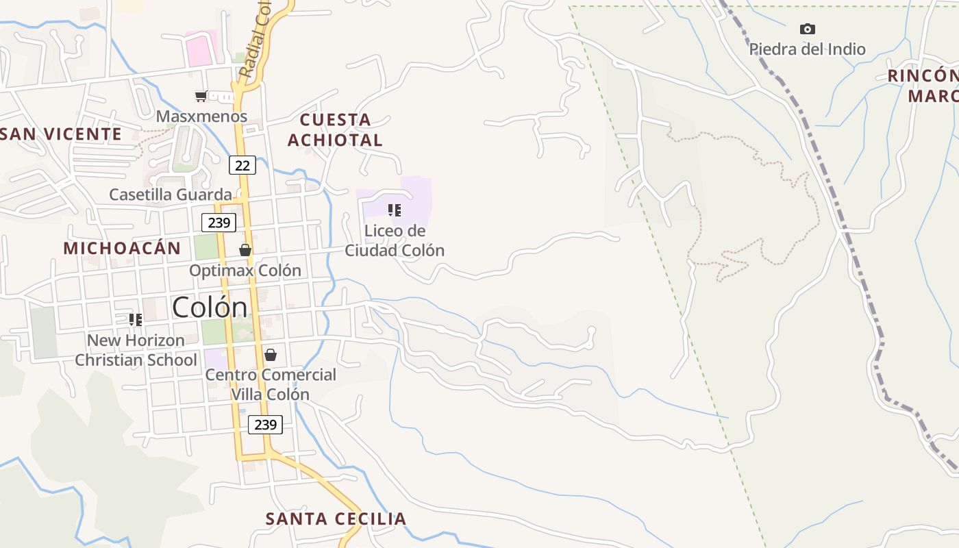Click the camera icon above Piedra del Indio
click(808, 29)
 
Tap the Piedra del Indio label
click(807, 49)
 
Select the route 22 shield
click(242, 165)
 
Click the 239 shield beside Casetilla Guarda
click(219, 223)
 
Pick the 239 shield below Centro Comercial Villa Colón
click(265, 425)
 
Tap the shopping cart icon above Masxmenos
click(201, 96)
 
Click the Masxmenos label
click(201, 116)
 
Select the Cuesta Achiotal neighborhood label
click(335, 129)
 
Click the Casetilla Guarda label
click(171, 195)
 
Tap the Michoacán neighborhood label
click(122, 248)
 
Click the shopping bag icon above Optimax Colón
click(245, 250)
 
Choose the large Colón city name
click(210, 307)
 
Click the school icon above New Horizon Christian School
click(136, 319)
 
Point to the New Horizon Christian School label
click(136, 350)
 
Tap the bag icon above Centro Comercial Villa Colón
click(271, 355)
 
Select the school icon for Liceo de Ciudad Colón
click(394, 210)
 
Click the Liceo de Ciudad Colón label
click(395, 240)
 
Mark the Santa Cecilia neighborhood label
click(336, 519)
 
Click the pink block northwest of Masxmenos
click(201, 49)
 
